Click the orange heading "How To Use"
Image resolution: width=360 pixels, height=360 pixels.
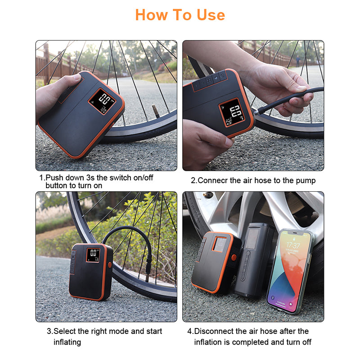tap(180, 15)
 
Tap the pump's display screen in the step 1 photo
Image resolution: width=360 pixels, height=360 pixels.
tap(102, 101)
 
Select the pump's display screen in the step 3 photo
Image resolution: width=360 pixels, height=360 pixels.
tap(93, 255)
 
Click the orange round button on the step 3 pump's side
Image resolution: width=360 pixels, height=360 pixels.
tap(110, 265)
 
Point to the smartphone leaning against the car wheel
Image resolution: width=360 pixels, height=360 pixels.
tap(290, 271)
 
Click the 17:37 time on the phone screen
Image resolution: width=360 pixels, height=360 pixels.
tap(293, 245)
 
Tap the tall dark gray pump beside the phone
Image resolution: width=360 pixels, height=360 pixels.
tap(254, 261)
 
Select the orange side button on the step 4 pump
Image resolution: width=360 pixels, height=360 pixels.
tap(234, 257)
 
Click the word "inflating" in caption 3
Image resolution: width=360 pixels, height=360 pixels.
tap(67, 342)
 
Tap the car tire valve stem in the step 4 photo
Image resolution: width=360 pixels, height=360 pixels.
tap(208, 195)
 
